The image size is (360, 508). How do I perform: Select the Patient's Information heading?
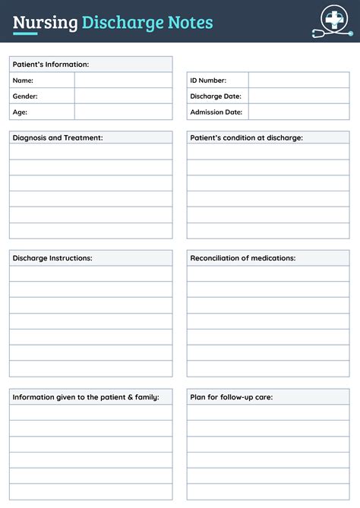(51, 65)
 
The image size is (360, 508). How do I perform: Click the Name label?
(23, 80)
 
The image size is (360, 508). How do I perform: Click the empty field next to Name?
(123, 80)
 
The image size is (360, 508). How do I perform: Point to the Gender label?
(25, 96)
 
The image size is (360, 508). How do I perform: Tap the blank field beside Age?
(123, 112)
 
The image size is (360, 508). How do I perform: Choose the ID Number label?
(208, 80)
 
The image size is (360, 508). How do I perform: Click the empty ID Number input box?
(298, 80)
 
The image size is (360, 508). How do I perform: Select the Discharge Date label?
(216, 96)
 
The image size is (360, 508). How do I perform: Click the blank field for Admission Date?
(298, 112)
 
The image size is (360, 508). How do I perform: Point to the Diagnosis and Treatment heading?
(58, 137)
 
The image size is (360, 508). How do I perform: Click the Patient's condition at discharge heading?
(246, 137)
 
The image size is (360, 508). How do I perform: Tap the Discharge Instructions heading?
(52, 258)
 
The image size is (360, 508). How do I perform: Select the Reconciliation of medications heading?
(243, 258)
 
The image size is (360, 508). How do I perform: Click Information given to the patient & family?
(86, 397)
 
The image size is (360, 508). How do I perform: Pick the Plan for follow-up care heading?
(232, 397)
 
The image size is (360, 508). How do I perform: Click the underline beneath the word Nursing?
(25, 34)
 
